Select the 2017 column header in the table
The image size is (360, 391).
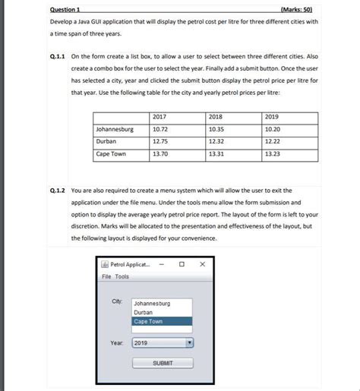click(159, 117)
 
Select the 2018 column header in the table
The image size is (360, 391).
click(216, 117)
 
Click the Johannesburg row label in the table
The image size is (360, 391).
click(115, 129)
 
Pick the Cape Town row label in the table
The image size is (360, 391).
click(110, 153)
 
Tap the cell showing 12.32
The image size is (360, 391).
click(216, 141)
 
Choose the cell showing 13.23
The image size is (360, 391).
click(273, 153)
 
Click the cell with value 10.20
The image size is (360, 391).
click(273, 129)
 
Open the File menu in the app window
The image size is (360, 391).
click(107, 276)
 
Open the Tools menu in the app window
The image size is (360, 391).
click(122, 276)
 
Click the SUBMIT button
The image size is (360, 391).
click(163, 363)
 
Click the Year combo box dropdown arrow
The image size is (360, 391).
click(190, 343)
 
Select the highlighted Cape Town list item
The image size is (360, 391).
click(162, 321)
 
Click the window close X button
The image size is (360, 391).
click(202, 264)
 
